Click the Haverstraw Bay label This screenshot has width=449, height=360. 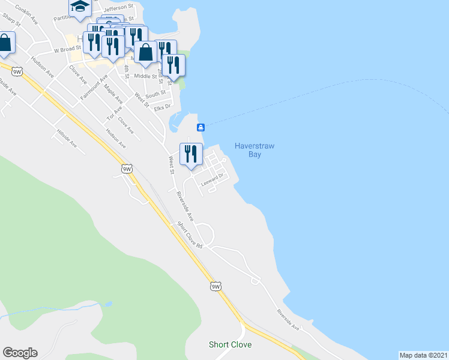coord(248,149)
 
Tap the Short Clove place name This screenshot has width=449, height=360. coord(230,344)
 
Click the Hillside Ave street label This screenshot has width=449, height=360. coord(67,137)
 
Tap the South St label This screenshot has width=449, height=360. coord(155,94)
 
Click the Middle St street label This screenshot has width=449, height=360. coord(145,76)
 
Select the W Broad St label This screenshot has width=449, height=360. coord(66,50)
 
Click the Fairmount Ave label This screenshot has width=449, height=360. coord(96,86)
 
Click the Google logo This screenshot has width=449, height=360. coord(20,353)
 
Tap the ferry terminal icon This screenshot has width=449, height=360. coord(201,127)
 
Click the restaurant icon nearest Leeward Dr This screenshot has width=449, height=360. coord(191,154)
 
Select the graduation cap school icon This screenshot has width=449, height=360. coord(79,6)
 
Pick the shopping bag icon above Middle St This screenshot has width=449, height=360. coord(145,52)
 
